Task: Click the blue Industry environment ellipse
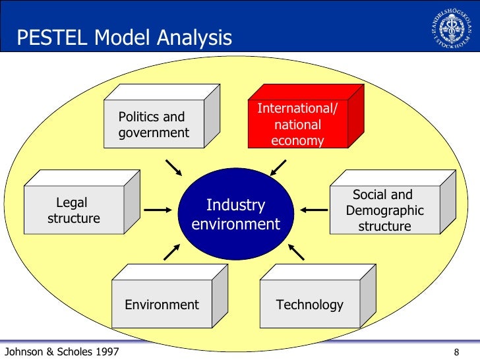[235, 214]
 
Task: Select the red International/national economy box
[297, 125]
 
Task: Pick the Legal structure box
[73, 210]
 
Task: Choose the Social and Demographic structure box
[384, 210]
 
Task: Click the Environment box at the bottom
[162, 304]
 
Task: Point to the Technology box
[309, 304]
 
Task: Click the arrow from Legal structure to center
[158, 210]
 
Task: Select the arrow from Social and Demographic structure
[314, 210]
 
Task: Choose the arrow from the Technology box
[296, 251]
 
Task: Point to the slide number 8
[457, 352]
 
